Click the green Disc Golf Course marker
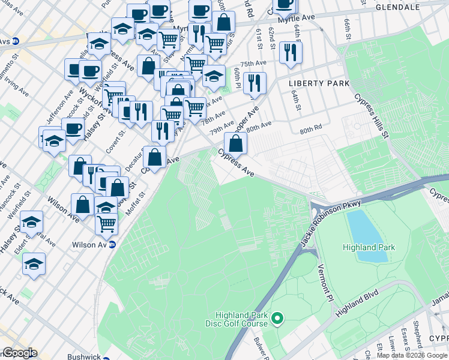(277, 319)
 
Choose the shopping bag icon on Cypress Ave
(236, 143)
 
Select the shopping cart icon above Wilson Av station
(106, 223)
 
